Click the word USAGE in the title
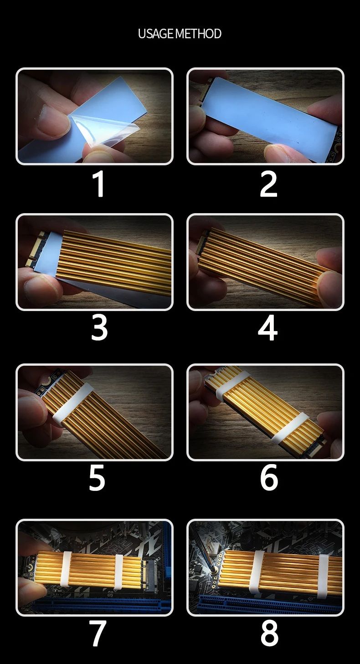(156, 34)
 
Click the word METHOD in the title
(198, 34)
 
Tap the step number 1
(99, 184)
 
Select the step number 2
(268, 184)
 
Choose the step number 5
(97, 478)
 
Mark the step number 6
(269, 478)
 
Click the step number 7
(98, 633)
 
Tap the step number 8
(269, 633)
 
